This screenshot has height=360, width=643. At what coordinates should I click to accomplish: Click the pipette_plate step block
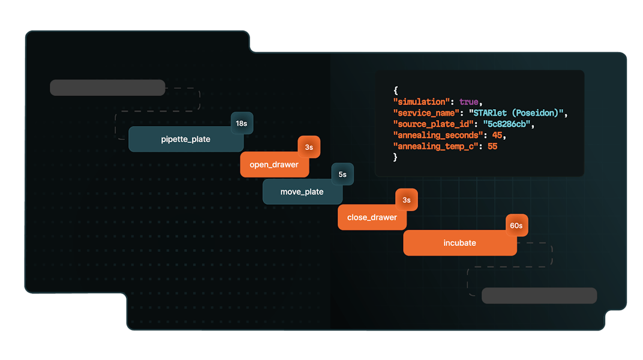tap(185, 139)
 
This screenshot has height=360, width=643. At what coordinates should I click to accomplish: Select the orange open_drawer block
tap(274, 165)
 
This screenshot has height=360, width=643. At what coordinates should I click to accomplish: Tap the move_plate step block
tap(302, 192)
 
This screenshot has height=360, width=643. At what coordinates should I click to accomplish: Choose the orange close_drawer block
tap(371, 217)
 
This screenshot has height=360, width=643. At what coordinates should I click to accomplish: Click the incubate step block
tap(459, 243)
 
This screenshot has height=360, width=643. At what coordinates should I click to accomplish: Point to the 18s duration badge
tap(242, 124)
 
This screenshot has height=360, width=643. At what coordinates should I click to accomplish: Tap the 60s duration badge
tap(516, 226)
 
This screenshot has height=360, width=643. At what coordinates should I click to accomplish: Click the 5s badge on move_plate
tap(342, 174)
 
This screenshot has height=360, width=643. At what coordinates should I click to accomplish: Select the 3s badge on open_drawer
tap(309, 147)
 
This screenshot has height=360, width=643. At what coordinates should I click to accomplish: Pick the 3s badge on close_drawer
tap(406, 200)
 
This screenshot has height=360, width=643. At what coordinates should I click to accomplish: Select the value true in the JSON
tap(470, 101)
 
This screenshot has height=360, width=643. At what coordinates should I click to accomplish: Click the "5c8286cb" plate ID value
tap(509, 124)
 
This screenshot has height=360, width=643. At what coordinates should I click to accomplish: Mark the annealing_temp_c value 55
tap(492, 146)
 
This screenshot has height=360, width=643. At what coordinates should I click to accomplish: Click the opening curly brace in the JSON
tap(395, 91)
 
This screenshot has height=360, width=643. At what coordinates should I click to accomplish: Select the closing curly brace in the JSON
tap(395, 157)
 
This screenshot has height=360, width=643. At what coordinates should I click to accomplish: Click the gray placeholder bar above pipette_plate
tap(107, 88)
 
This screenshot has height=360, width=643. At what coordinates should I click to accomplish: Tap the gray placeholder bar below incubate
tap(539, 295)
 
